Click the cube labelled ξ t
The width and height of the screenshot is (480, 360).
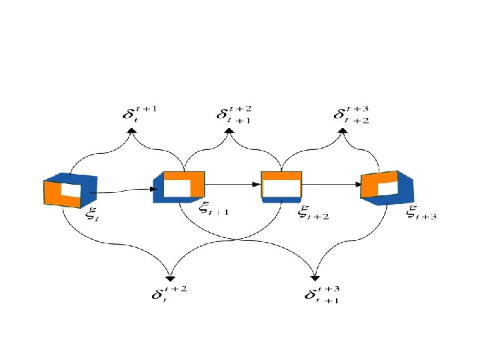[71, 191]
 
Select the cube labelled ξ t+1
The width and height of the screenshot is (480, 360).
[179, 187]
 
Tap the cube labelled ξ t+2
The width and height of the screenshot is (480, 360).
[281, 186]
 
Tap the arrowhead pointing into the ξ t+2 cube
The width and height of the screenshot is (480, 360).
[256, 183]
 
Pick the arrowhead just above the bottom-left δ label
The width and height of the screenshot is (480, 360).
[171, 279]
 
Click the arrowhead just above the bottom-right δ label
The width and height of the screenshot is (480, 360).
[315, 279]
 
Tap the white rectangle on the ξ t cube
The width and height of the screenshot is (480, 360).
[71, 190]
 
